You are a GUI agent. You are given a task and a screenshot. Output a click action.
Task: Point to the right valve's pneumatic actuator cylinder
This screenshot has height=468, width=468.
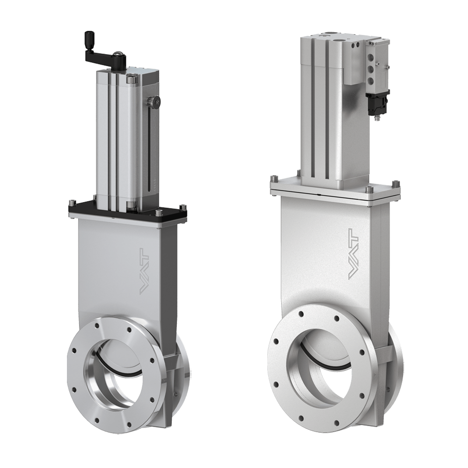click(323, 112)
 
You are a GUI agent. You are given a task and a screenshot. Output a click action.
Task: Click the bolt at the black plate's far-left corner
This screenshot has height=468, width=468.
click(71, 204)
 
